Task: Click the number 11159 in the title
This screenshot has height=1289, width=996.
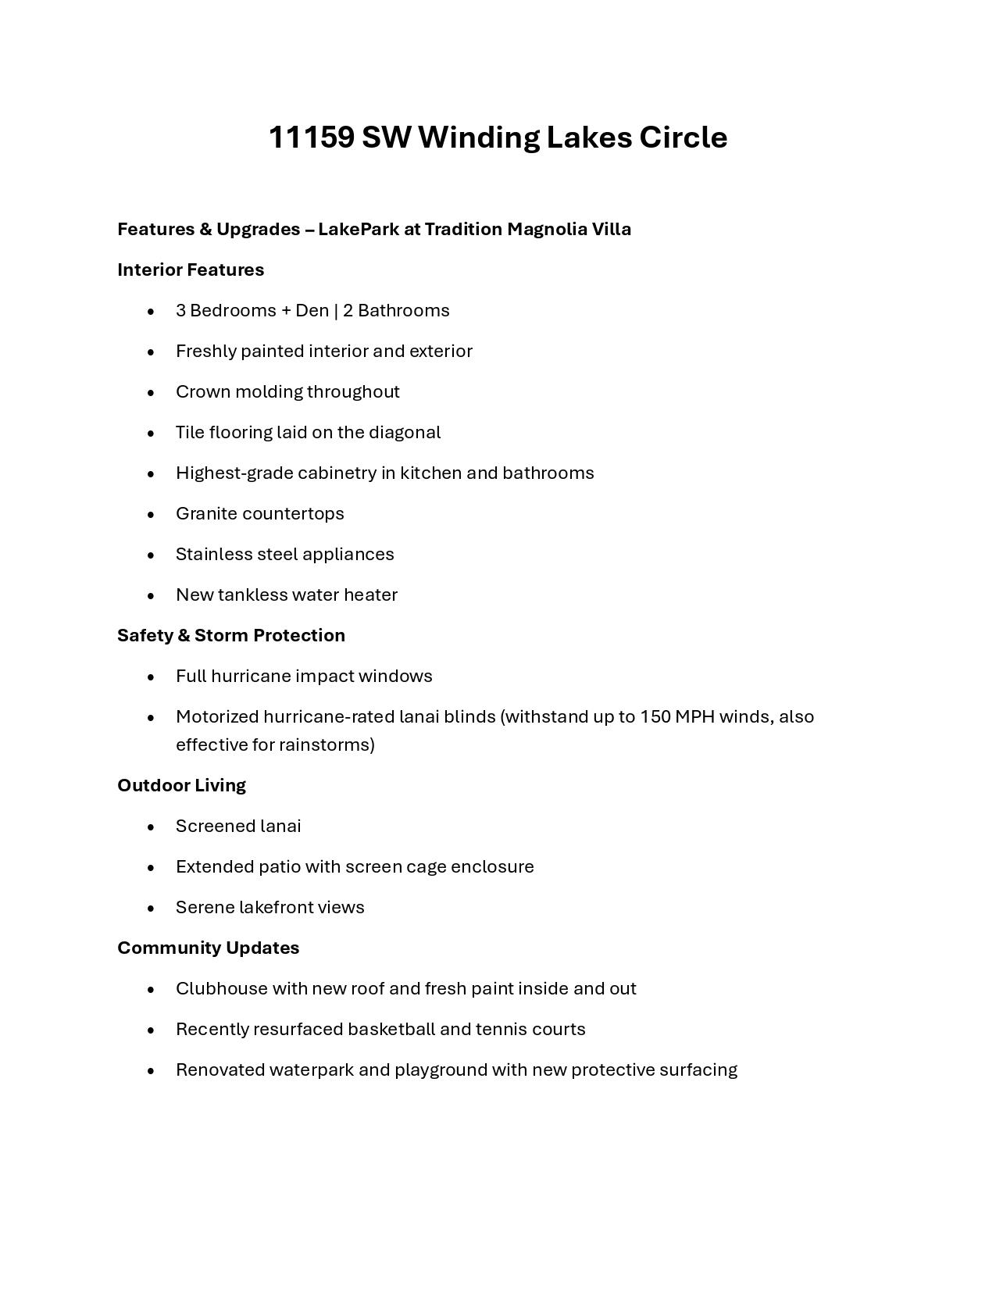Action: (311, 137)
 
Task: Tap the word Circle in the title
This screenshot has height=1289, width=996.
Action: (684, 137)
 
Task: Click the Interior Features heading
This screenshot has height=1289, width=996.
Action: (191, 270)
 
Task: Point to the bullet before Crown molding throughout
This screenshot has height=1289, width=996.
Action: (151, 392)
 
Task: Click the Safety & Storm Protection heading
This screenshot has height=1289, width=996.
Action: (231, 635)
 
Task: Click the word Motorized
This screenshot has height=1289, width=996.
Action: (216, 716)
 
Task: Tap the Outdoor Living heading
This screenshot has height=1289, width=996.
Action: (181, 785)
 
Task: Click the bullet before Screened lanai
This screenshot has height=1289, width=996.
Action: (151, 827)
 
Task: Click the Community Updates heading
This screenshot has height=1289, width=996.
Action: (208, 948)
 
